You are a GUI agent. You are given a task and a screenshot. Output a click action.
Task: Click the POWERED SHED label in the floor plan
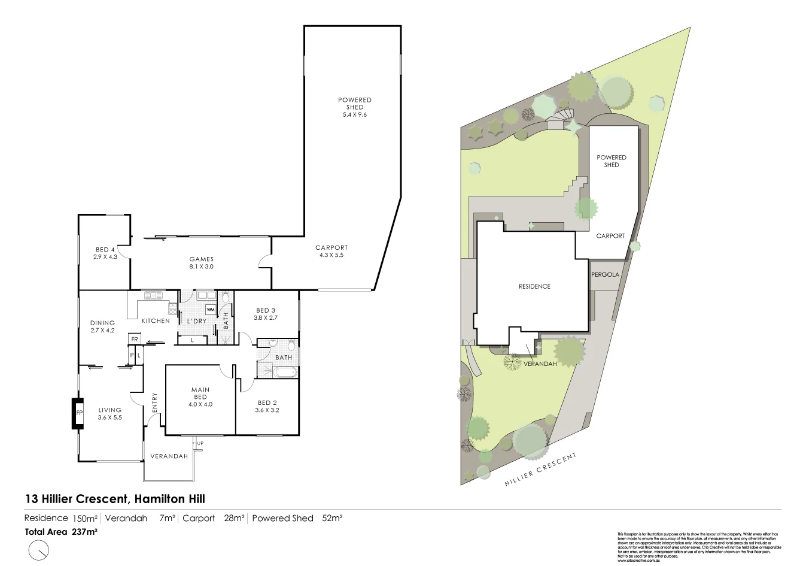[354, 107]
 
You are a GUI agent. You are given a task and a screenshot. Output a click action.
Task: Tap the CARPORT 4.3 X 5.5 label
[331, 251]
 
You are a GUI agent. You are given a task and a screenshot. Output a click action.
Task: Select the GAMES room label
[201, 263]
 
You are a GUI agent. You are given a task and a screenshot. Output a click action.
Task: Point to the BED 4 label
[105, 253]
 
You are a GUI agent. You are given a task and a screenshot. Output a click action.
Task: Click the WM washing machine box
[211, 309]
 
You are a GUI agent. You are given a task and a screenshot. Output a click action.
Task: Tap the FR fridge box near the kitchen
[135, 340]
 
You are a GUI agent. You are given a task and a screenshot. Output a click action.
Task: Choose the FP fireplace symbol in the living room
[78, 413]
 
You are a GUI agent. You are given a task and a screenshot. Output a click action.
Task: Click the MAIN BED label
[200, 396]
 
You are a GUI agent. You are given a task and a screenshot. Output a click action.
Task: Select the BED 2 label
[267, 406]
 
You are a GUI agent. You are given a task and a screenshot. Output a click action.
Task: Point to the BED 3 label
[266, 314]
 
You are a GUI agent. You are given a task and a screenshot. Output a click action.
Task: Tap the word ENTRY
[154, 402]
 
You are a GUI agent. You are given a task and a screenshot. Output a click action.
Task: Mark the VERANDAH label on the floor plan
[169, 456]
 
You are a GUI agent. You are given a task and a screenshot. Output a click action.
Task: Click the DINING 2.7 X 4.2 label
[102, 326]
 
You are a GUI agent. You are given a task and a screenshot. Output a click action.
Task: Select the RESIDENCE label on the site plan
[534, 286]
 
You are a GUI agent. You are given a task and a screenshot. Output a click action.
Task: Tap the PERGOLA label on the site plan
[605, 275]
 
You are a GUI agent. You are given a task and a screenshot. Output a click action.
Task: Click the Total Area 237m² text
[61, 531]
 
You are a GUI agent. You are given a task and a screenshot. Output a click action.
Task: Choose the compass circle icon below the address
[39, 550]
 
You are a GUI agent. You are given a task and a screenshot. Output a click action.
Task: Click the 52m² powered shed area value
[332, 518]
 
